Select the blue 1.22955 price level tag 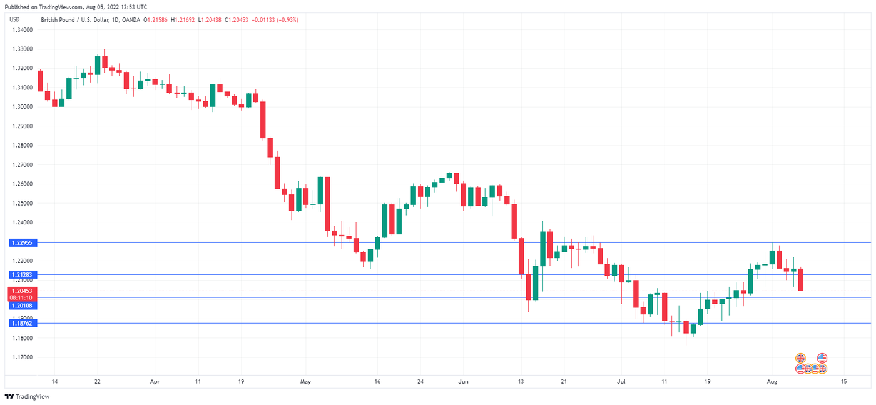[x=23, y=242]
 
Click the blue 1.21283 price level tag [x=23, y=274]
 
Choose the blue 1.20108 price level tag [x=23, y=306]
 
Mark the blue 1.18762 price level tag [x=23, y=323]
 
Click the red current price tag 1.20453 [x=23, y=291]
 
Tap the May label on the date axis [x=305, y=381]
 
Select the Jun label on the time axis [x=463, y=381]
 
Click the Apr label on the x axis [x=155, y=381]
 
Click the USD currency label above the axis [x=15, y=20]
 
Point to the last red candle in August [x=801, y=279]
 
